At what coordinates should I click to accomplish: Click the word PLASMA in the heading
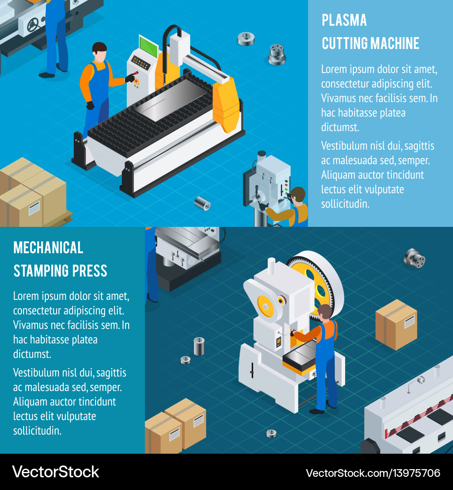point(344,20)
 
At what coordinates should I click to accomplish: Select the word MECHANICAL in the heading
point(48,248)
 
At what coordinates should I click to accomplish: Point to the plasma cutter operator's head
point(100,52)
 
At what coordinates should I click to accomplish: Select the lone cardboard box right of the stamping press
point(396,324)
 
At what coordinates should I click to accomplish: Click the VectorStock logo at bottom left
point(56,472)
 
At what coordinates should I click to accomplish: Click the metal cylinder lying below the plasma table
point(202,203)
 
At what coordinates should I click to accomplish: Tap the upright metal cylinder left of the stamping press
point(199,346)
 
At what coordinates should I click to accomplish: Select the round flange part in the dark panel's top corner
point(414,258)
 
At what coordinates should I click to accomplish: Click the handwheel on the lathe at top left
point(33,24)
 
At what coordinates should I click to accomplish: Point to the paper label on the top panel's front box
point(34,208)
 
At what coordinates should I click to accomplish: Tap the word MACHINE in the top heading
point(395,44)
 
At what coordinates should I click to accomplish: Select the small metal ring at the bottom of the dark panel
point(271,433)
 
